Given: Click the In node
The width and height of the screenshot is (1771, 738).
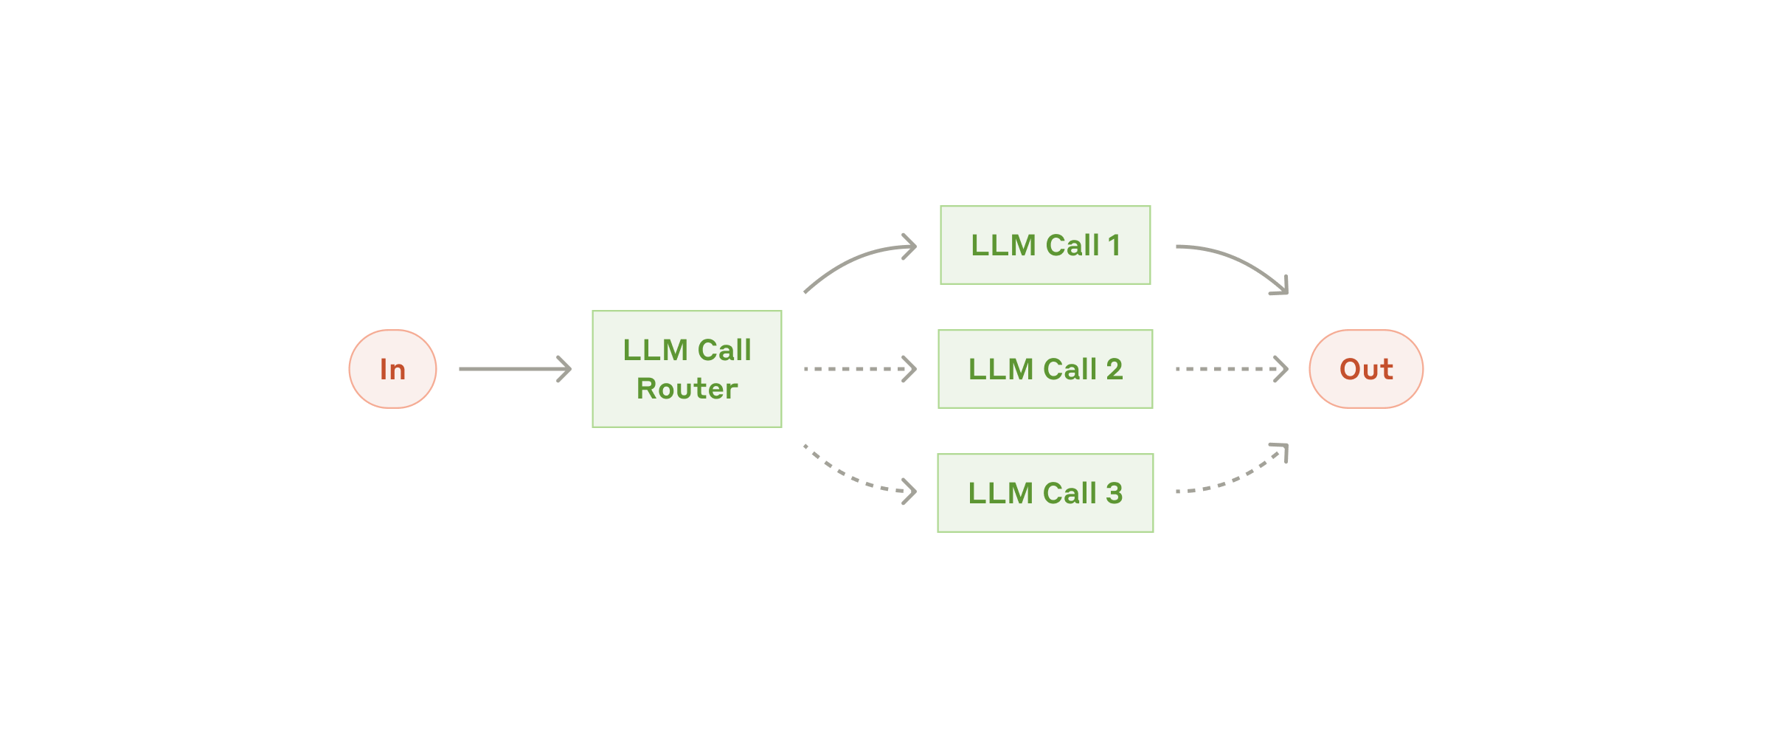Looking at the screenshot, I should [x=392, y=369].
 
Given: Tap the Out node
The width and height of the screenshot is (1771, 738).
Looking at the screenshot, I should [x=1365, y=369].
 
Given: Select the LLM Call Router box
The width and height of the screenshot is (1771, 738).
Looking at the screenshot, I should [x=687, y=369].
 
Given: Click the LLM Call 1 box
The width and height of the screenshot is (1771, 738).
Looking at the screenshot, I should [x=1045, y=245].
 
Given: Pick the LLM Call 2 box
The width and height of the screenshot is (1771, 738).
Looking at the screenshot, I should [x=1045, y=369].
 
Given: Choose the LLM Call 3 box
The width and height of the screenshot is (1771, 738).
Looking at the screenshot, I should [x=1045, y=493].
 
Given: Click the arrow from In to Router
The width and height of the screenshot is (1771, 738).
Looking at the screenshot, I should [x=514, y=369].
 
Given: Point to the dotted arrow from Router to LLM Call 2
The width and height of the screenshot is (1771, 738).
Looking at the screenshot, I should [x=859, y=369].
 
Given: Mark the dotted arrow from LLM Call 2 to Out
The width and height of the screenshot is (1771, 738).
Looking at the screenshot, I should [x=1230, y=369].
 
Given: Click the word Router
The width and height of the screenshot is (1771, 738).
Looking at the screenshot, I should [x=687, y=389].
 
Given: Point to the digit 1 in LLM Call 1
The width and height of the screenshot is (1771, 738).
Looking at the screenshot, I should [x=1114, y=246].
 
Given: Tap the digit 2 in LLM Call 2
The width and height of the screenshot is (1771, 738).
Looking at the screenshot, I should [x=1114, y=369].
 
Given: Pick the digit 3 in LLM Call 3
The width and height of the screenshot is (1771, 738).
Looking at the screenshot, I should [x=1114, y=493].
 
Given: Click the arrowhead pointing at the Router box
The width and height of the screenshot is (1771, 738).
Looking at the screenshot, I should [x=565, y=369].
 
